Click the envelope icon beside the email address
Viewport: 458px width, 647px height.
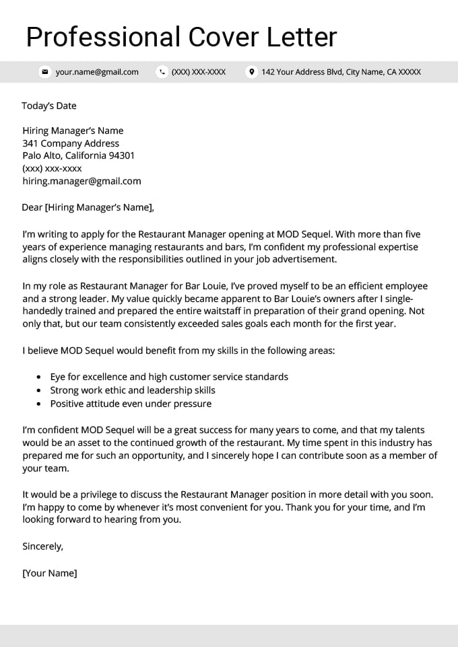45,72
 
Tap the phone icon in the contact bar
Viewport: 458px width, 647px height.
162,72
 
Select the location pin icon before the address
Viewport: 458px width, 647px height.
251,72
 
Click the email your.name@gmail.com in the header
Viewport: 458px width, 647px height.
97,72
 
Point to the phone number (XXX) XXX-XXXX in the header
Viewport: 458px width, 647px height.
199,72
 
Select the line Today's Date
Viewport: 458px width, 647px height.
49,106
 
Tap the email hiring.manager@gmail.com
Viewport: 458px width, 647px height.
81,181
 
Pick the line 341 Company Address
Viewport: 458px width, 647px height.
71,143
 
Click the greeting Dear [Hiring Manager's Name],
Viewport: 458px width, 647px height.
88,207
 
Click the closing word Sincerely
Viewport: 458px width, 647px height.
42,547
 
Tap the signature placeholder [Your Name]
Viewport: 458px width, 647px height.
50,574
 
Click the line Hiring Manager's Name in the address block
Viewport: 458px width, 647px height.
73,130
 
